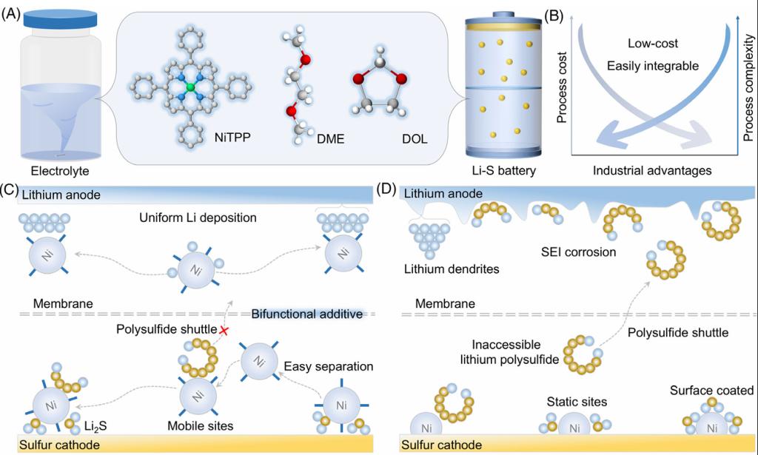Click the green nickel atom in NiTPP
click(191, 88)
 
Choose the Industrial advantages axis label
click(652, 171)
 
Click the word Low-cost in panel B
click(653, 44)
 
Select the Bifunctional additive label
click(307, 314)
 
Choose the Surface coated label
click(711, 390)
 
